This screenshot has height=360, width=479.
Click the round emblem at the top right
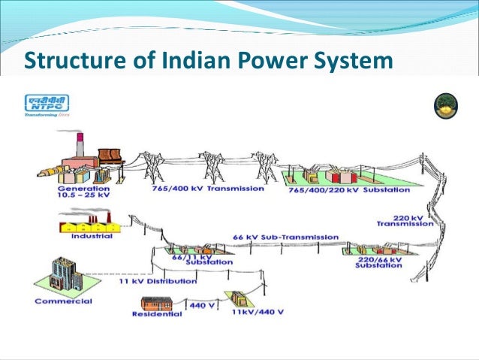click(x=446, y=107)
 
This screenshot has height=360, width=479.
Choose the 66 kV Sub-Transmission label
click(x=286, y=237)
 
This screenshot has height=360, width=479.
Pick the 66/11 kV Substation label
click(x=189, y=259)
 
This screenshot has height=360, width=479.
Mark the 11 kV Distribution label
click(x=158, y=281)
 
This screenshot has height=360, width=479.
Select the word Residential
click(x=157, y=315)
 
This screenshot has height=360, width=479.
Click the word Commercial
click(x=64, y=301)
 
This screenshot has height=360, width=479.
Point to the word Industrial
click(x=92, y=236)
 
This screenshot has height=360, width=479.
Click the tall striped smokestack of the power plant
click(x=80, y=144)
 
